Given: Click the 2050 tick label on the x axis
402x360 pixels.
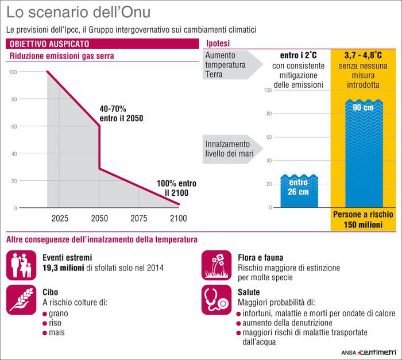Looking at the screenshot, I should [x=99, y=218].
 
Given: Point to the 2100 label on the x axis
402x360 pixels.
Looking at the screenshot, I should [x=179, y=218].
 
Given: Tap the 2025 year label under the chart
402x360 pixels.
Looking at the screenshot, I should [x=60, y=218].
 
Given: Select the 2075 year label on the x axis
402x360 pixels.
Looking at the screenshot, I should [x=139, y=218].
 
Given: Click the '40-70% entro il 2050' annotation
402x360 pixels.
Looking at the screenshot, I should [x=121, y=113].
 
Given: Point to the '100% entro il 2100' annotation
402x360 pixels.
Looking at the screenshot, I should [x=176, y=188].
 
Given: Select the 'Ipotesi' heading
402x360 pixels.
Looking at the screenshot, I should [x=218, y=44].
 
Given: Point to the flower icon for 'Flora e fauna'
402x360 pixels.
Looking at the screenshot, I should [x=216, y=265].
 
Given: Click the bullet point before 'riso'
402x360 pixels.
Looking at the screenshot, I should [x=45, y=323].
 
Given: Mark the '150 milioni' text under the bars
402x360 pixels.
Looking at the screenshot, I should [x=363, y=225].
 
